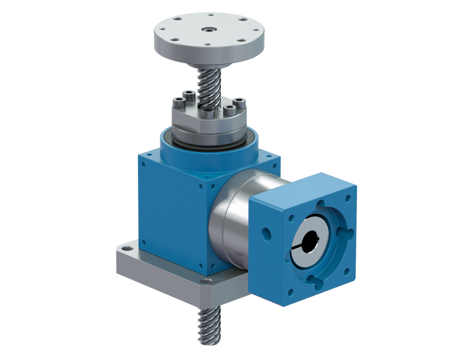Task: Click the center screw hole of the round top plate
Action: [x=208, y=29]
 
